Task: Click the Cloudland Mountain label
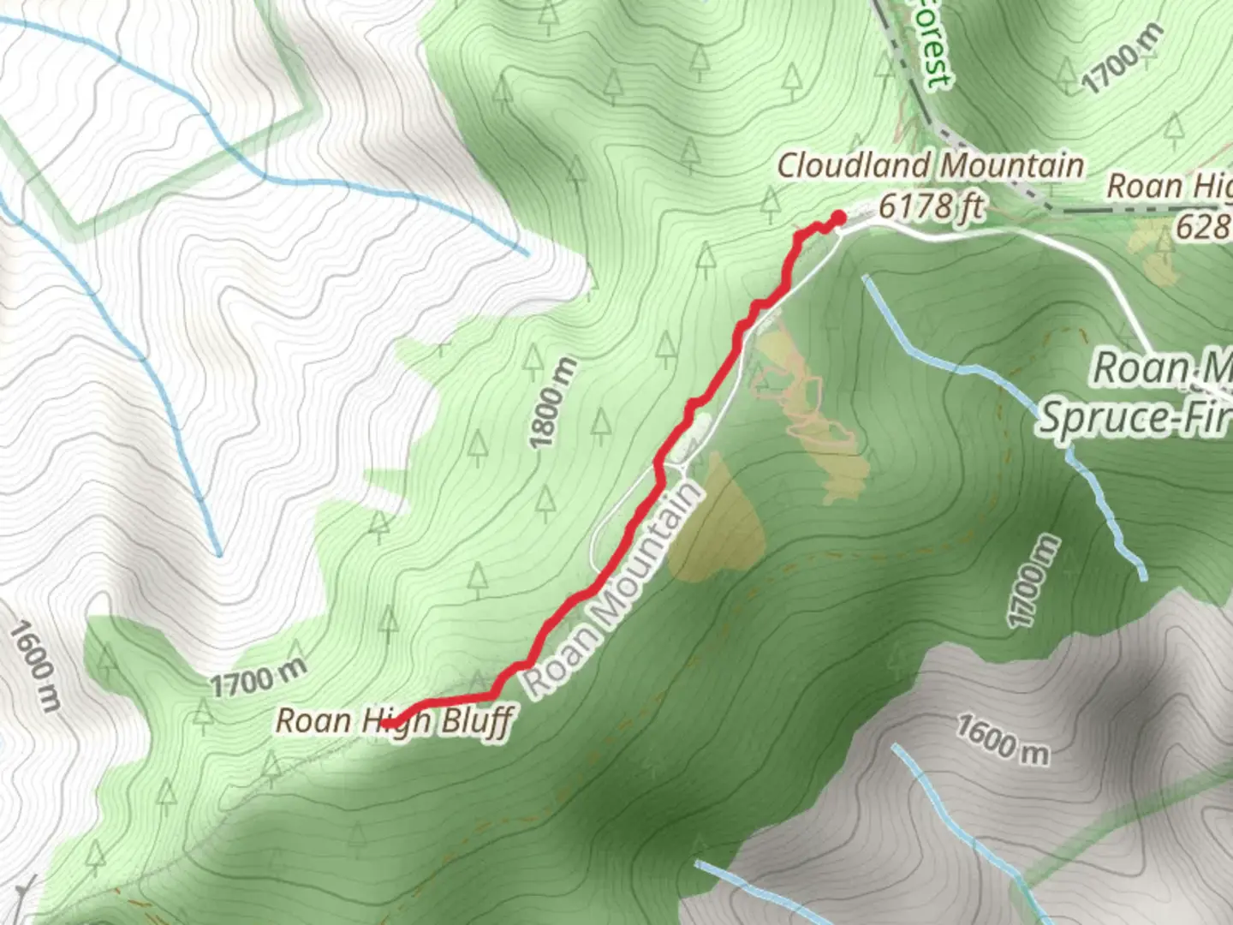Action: [930, 165]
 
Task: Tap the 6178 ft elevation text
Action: [932, 206]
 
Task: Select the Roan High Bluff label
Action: [394, 721]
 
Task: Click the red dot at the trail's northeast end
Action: [838, 218]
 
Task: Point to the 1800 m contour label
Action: [552, 403]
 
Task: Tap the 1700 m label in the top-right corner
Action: [1123, 57]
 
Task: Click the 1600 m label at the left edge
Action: [35, 666]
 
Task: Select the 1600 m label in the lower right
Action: [1002, 739]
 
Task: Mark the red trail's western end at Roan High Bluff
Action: [385, 725]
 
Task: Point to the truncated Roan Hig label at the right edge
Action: [1169, 187]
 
